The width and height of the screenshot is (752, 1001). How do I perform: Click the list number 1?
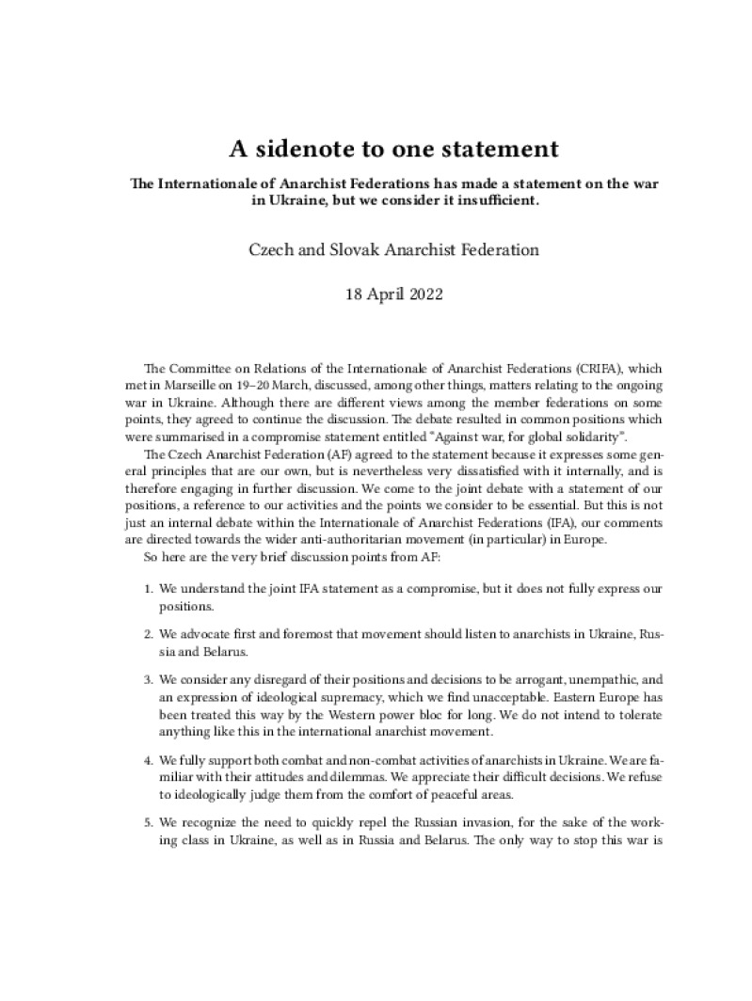pos(149,588)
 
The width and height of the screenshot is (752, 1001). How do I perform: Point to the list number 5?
pos(149,822)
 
